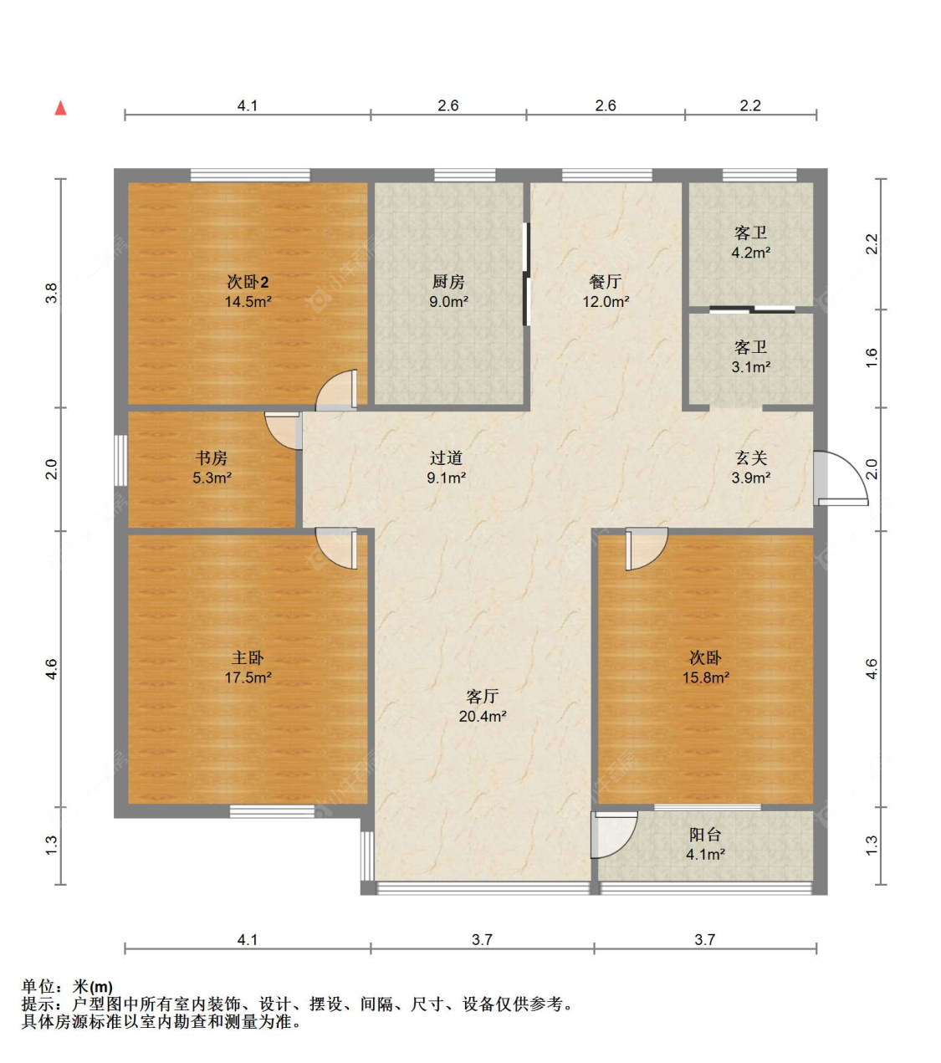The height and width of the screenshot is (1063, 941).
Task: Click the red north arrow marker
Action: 61,108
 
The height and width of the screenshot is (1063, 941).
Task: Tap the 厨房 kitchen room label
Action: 448,282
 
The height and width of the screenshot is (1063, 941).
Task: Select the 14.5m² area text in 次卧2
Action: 248,302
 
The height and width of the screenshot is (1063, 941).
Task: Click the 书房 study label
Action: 212,458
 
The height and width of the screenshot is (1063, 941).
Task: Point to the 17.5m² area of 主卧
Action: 248,677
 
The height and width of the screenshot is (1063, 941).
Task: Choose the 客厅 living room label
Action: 482,696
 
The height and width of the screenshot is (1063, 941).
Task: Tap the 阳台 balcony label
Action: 705,834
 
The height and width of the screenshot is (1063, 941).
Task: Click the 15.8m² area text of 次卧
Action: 705,677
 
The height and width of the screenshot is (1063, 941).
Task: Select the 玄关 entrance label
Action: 751,458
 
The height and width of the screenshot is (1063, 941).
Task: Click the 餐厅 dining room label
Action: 605,282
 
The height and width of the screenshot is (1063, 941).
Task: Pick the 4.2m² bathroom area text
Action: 751,253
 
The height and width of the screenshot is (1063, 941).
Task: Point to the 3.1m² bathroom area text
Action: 751,367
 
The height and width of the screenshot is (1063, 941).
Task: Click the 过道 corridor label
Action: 446,458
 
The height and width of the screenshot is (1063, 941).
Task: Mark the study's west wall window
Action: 120,460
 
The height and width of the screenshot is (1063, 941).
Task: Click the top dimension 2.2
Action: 750,105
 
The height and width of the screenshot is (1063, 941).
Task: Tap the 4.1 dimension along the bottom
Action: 248,939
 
